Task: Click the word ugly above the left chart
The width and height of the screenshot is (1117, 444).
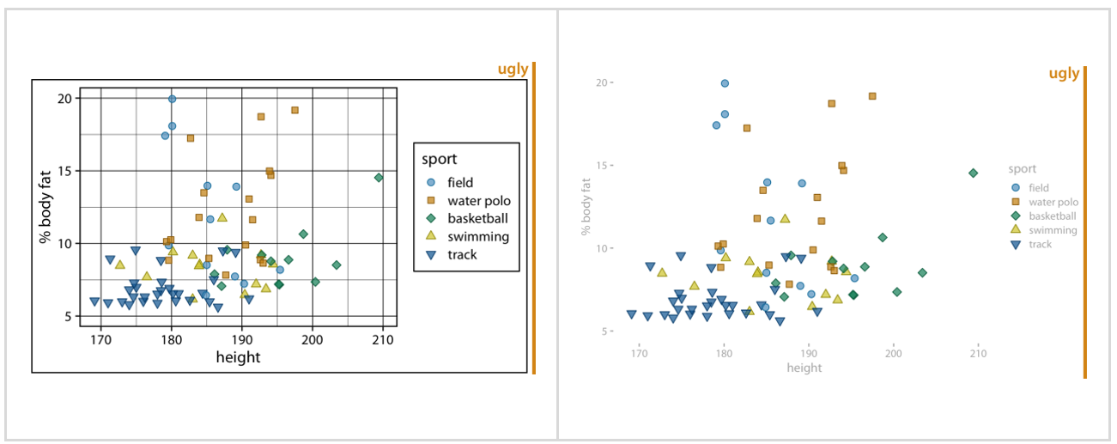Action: pyautogui.click(x=513, y=70)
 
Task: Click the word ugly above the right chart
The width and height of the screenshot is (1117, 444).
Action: pyautogui.click(x=1064, y=74)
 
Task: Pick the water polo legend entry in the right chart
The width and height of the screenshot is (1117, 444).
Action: pyautogui.click(x=1053, y=202)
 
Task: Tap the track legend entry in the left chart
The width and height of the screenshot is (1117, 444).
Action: pyautogui.click(x=462, y=254)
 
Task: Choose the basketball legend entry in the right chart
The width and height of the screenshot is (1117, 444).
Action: pyautogui.click(x=1052, y=216)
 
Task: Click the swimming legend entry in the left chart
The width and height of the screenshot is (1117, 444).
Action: pyautogui.click(x=477, y=236)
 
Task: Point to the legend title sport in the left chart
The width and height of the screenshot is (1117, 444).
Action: pyautogui.click(x=439, y=159)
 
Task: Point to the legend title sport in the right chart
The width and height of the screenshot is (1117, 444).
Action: pyautogui.click(x=1023, y=169)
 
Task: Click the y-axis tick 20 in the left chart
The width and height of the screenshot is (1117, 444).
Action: pyautogui.click(x=64, y=98)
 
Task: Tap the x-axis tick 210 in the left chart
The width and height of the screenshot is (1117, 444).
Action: pyautogui.click(x=383, y=339)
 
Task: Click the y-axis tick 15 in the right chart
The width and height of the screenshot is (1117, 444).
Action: pyautogui.click(x=600, y=165)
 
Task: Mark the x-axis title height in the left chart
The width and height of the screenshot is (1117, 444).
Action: pyautogui.click(x=238, y=357)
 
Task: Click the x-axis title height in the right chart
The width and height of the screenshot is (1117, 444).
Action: pyautogui.click(x=804, y=368)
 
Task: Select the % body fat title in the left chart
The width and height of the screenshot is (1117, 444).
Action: pyautogui.click(x=46, y=207)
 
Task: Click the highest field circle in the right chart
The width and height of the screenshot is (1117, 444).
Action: pyautogui.click(x=725, y=83)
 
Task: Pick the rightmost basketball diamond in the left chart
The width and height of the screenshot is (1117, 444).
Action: pyautogui.click(x=379, y=178)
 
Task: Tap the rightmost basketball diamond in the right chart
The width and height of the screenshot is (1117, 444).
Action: pyautogui.click(x=973, y=173)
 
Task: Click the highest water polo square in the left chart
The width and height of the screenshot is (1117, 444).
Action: pyautogui.click(x=294, y=110)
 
